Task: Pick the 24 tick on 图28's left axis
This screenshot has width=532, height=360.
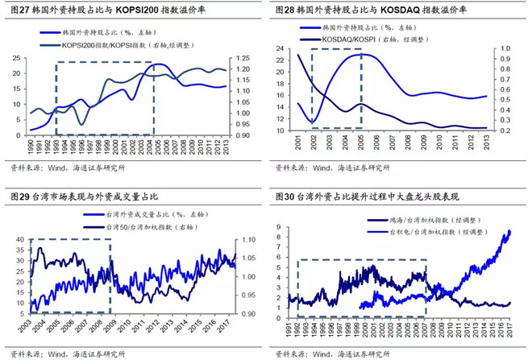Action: tap(280, 49)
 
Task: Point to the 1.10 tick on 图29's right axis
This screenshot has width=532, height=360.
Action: tap(249, 239)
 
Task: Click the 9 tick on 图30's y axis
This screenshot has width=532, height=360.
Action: tap(280, 218)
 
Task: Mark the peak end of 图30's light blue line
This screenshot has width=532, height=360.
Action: tap(509, 232)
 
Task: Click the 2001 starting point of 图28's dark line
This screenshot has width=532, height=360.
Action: tap(298, 55)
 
